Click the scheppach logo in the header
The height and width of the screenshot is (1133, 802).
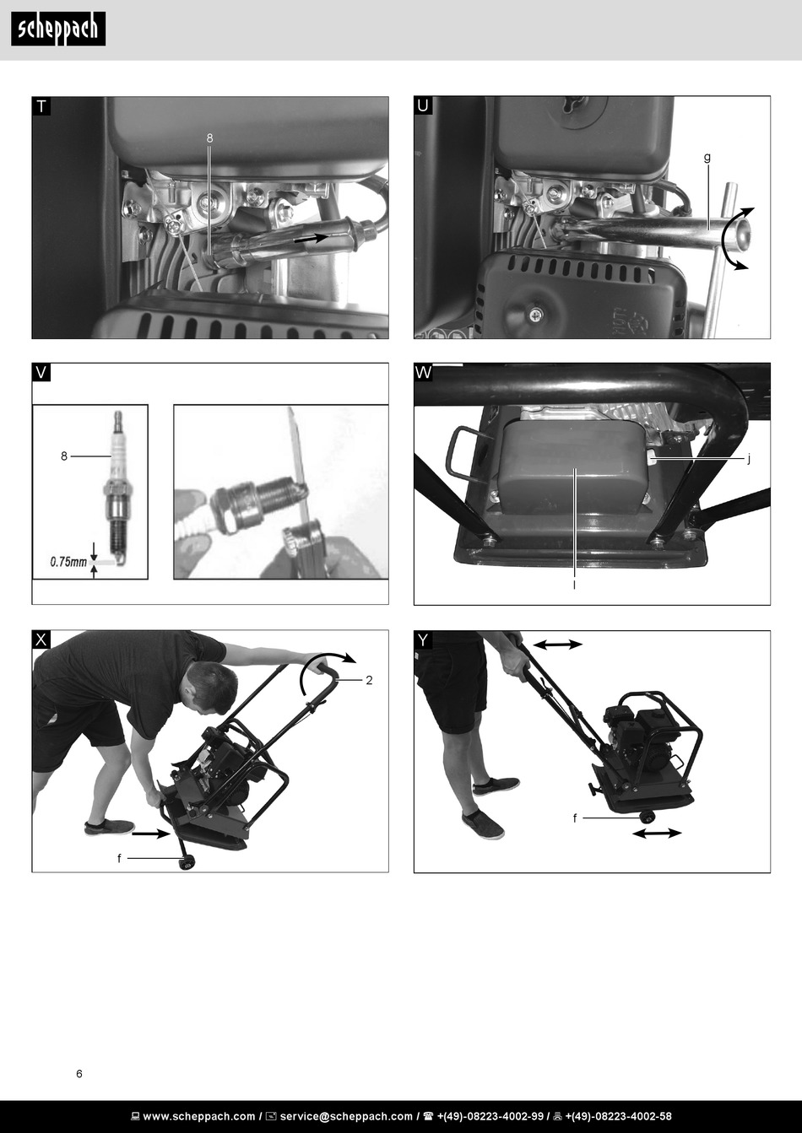[58, 29]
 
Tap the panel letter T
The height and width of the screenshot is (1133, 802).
[41, 107]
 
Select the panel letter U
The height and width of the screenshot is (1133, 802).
[423, 105]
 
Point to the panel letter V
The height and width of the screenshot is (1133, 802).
[41, 373]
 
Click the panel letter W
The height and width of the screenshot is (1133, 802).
[423, 373]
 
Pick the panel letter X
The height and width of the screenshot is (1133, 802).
[41, 639]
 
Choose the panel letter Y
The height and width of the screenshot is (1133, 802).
[423, 640]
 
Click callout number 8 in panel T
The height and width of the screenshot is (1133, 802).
[209, 138]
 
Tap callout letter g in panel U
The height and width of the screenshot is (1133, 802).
[707, 157]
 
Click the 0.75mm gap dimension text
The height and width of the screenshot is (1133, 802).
[68, 562]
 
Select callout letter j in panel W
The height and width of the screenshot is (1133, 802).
[748, 459]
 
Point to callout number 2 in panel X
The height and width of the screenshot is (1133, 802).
[369, 680]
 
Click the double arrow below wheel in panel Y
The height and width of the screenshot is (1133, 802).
[657, 833]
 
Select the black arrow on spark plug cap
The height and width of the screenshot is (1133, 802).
[312, 238]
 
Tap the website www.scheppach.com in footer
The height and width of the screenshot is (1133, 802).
[199, 1116]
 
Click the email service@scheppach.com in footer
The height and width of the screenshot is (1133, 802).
[346, 1116]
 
